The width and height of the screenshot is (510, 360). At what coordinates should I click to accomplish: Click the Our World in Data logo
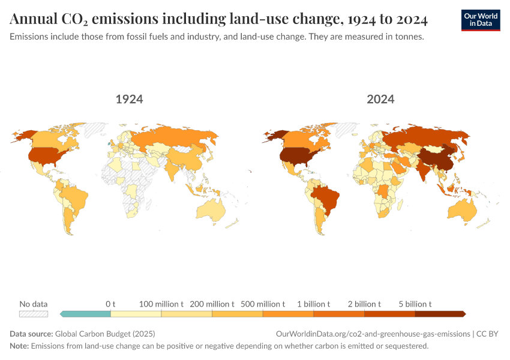tap(481, 20)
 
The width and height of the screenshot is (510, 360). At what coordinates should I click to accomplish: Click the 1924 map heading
tap(129, 99)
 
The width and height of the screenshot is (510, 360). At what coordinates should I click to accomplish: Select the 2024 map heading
tap(380, 99)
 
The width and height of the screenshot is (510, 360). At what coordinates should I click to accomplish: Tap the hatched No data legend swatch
tap(33, 314)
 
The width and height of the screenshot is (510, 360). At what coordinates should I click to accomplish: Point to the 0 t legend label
tap(110, 304)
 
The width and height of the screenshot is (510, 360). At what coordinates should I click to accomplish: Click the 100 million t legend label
tap(161, 304)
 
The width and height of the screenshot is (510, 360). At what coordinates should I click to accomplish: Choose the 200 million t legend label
tap(212, 304)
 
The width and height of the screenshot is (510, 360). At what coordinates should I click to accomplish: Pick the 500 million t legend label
tap(263, 304)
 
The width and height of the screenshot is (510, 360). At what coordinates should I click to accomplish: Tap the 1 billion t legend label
tap(313, 304)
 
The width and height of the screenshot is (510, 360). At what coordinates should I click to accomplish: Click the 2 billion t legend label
tap(364, 304)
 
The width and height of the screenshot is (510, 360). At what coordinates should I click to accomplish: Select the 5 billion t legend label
tap(415, 304)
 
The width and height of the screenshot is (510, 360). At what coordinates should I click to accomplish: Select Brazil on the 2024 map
tap(327, 199)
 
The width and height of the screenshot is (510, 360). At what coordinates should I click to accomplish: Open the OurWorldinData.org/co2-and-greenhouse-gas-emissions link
tap(373, 334)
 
